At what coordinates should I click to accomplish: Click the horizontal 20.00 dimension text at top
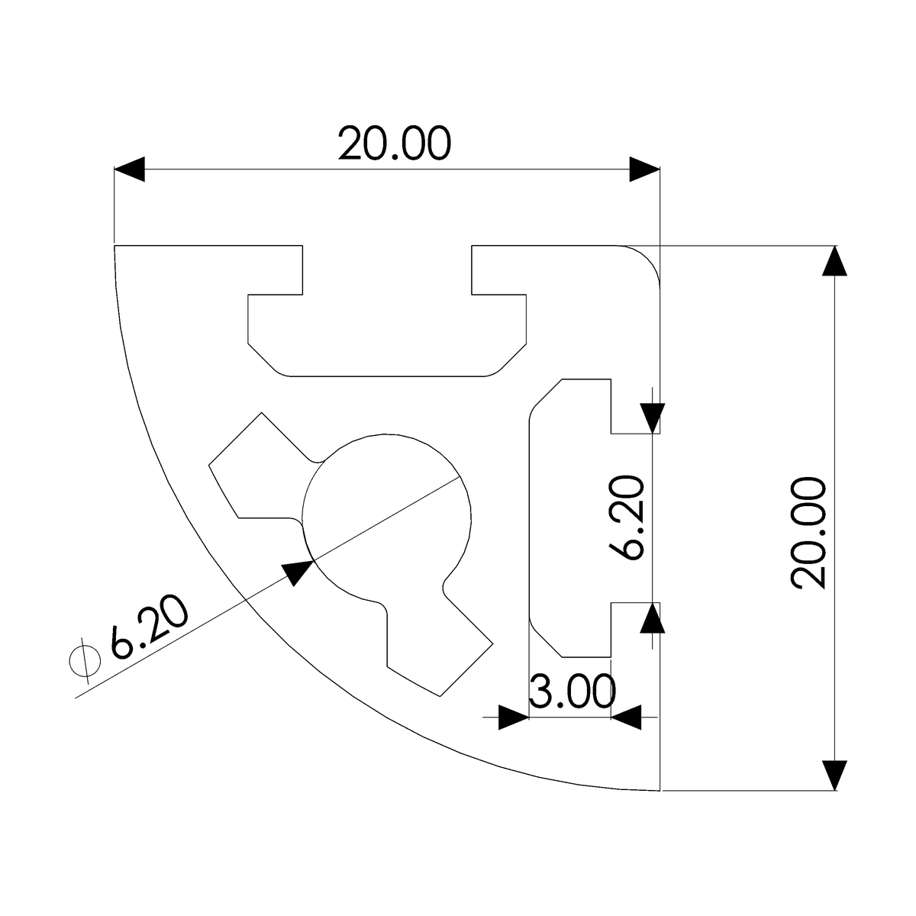394,144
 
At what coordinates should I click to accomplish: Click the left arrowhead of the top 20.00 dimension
130,169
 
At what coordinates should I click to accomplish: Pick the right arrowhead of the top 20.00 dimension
643,169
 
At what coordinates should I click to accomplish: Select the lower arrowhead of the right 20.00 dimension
836,775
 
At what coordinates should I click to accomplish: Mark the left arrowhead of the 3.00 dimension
513,718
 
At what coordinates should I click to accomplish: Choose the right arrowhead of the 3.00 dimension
627,718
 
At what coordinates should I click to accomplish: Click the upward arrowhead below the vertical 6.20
651,618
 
